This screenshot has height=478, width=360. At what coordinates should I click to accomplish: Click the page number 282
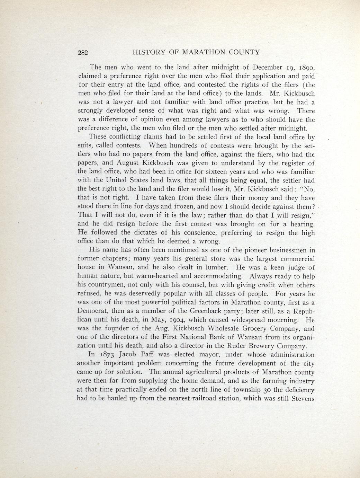83,53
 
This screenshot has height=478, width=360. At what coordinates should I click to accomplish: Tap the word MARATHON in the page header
204,52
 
